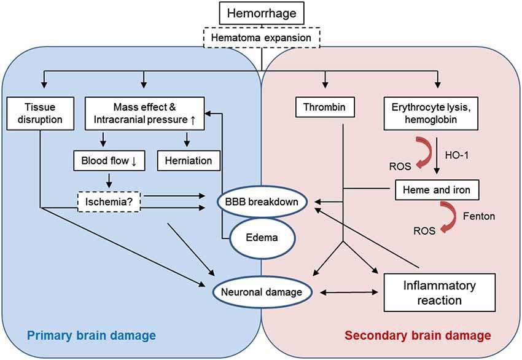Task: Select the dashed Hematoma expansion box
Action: pos(262,38)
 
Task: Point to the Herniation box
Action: pos(189,161)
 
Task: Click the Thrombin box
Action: pos(325,108)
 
